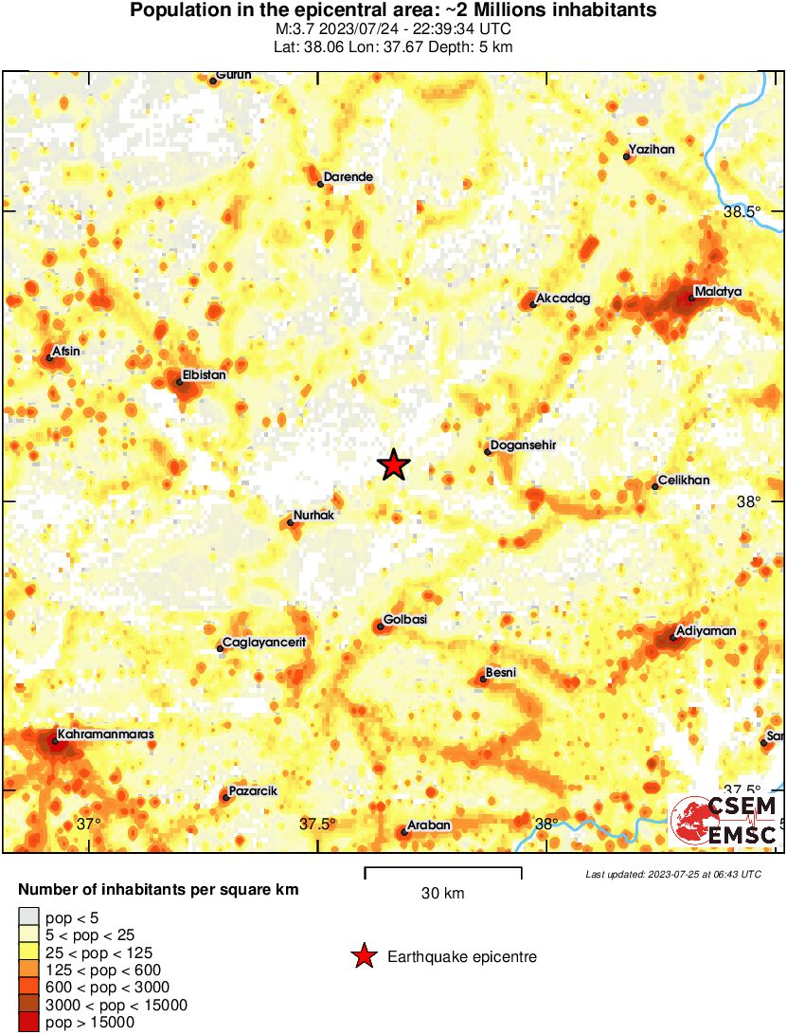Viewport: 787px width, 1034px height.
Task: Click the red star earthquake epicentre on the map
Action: click(393, 465)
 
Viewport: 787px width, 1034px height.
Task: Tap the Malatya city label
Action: click(717, 291)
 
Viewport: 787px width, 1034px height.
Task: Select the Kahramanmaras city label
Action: click(105, 734)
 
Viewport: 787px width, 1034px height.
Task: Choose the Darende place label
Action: click(348, 176)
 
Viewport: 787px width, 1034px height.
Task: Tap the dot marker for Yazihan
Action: click(627, 156)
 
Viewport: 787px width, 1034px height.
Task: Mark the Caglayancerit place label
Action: click(264, 642)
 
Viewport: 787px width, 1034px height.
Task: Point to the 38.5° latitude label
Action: click(742, 212)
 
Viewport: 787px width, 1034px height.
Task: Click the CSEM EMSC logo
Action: click(724, 821)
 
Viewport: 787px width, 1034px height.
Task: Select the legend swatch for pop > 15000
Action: click(30, 1022)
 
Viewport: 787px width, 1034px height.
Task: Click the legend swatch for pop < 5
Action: click(30, 916)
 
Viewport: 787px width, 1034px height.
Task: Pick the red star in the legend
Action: click(364, 957)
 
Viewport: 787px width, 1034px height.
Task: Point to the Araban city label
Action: click(428, 825)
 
